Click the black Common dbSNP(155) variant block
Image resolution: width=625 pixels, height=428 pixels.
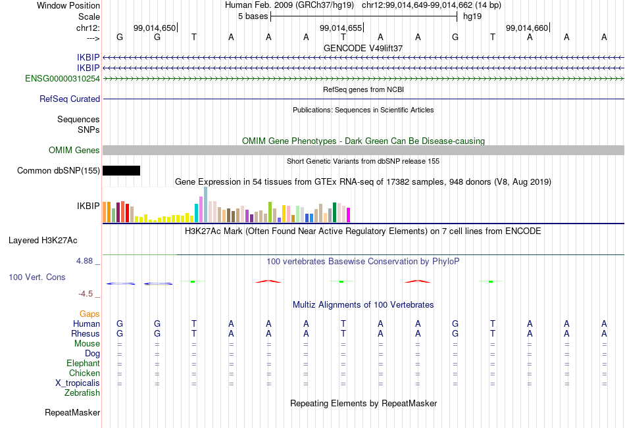pyautogui.click(x=121, y=170)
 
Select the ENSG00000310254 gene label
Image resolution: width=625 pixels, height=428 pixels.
pyautogui.click(x=63, y=78)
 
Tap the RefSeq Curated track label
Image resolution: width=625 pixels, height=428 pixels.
pyautogui.click(x=70, y=99)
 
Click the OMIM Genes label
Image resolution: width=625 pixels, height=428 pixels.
pyautogui.click(x=74, y=151)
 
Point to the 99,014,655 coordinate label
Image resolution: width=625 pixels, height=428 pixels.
pyautogui.click(x=341, y=28)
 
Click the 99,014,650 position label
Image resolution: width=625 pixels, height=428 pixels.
pyautogui.click(x=154, y=28)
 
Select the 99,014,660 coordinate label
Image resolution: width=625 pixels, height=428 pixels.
pyautogui.click(x=527, y=28)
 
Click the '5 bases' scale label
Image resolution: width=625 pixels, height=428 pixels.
pyautogui.click(x=253, y=16)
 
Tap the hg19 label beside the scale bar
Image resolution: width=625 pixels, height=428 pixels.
pyautogui.click(x=472, y=16)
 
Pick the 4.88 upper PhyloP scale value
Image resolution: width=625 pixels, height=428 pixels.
pyautogui.click(x=84, y=260)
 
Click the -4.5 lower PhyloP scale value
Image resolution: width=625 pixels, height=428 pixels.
pyautogui.click(x=86, y=294)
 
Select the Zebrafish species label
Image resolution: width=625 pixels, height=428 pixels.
pyautogui.click(x=82, y=393)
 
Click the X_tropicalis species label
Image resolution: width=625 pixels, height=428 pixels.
pyautogui.click(x=78, y=383)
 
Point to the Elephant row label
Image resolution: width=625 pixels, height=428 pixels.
pyautogui.click(x=83, y=364)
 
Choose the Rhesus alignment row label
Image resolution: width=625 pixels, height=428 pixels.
pyautogui.click(x=86, y=333)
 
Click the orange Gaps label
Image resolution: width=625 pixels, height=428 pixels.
pyautogui.click(x=89, y=314)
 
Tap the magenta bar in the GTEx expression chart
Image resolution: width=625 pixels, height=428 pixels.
pyautogui.click(x=349, y=215)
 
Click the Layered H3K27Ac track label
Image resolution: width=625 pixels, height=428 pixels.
pyautogui.click(x=43, y=241)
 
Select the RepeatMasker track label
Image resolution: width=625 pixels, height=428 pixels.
pyautogui.click(x=72, y=412)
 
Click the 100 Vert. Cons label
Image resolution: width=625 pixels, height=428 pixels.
pyautogui.click(x=37, y=277)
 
